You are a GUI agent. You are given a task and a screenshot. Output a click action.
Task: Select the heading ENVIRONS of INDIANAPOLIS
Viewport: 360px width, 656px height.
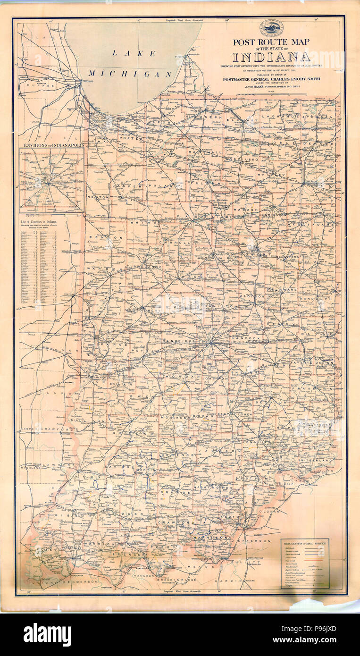[x=51, y=145]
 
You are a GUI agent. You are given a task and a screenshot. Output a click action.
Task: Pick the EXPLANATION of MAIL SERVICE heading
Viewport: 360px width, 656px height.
[x=305, y=544]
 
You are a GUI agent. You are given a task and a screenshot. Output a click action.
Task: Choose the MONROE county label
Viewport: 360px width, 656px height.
[x=173, y=418]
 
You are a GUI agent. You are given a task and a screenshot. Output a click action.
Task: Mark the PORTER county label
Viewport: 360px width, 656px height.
[x=130, y=138]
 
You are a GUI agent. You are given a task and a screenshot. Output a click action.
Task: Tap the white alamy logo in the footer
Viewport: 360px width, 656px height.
[x=48, y=634]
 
